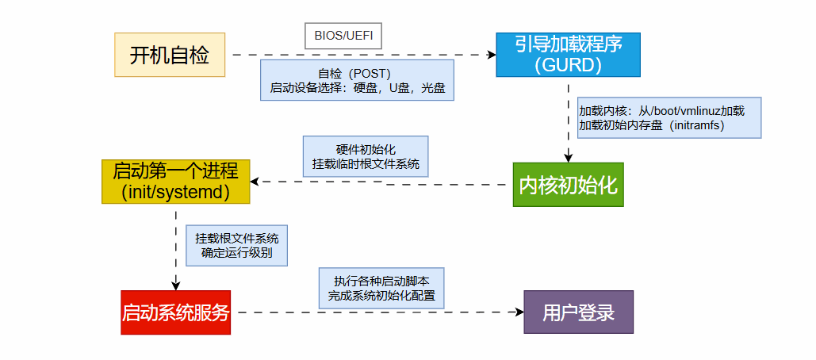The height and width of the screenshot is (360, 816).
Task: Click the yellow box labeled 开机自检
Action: (170, 55)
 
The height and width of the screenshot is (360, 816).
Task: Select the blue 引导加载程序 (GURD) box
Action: (568, 55)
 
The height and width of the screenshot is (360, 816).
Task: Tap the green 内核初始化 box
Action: (568, 185)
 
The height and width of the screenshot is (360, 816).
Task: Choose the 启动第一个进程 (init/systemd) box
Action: (175, 182)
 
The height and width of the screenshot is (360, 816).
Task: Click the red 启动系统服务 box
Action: (175, 312)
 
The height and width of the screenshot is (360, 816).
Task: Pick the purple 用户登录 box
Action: (579, 312)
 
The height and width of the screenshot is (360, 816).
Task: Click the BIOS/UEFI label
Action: (343, 36)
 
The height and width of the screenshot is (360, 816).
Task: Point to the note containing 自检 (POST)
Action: (357, 80)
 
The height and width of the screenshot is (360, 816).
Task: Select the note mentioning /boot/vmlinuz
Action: (669, 118)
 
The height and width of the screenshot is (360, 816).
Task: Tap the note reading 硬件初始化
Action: (366, 156)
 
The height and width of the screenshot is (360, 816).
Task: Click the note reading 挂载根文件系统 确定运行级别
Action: (236, 245)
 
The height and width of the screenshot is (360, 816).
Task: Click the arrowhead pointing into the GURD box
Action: (491, 55)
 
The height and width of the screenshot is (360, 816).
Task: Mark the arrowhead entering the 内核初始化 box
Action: (568, 158)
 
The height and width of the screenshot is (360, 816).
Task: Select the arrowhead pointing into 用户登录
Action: (519, 312)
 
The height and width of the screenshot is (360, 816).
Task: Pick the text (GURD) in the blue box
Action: (568, 65)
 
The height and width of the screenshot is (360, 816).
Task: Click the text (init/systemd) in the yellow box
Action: (175, 192)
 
